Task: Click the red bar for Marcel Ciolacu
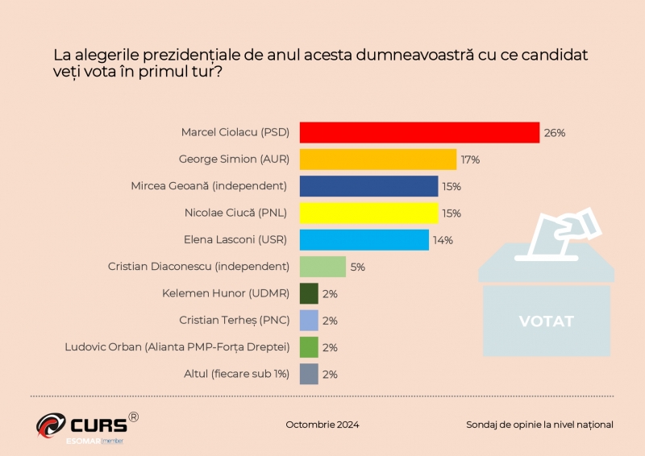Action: point(419,132)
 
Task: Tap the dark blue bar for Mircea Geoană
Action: point(368,186)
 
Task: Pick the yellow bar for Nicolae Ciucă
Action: point(368,213)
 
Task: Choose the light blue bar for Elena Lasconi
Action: point(364,240)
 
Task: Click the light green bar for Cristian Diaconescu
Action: point(322,267)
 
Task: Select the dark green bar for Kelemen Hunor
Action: point(308,293)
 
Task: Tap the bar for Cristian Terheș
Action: point(308,321)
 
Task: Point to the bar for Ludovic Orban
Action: point(308,347)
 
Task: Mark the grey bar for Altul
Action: point(308,374)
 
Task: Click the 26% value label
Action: point(555,133)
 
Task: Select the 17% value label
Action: point(470,160)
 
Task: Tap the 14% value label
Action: point(443,240)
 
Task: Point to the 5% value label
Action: point(357,267)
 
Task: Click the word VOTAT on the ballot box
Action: point(546,321)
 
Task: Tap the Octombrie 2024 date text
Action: point(322,425)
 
